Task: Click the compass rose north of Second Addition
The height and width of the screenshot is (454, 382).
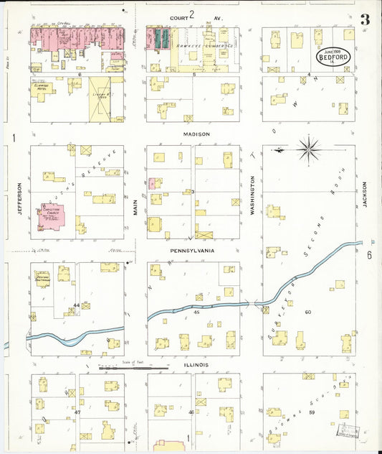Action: pyautogui.click(x=309, y=149)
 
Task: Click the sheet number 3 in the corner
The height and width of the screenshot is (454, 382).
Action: pyautogui.click(x=366, y=19)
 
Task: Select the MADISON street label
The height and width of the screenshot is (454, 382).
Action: pyautogui.click(x=195, y=134)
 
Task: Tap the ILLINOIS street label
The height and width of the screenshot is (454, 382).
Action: pyautogui.click(x=196, y=365)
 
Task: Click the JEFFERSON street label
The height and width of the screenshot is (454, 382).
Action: pyautogui.click(x=19, y=198)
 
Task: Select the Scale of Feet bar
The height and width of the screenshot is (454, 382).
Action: pyautogui.click(x=133, y=367)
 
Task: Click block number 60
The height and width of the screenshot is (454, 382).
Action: pyautogui.click(x=308, y=312)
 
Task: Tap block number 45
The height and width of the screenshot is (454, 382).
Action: pyautogui.click(x=196, y=312)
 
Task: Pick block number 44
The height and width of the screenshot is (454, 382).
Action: pyautogui.click(x=75, y=305)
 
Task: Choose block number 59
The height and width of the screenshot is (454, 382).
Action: pyautogui.click(x=312, y=412)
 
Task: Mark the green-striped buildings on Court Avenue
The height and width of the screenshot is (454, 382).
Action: pyautogui.click(x=159, y=39)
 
